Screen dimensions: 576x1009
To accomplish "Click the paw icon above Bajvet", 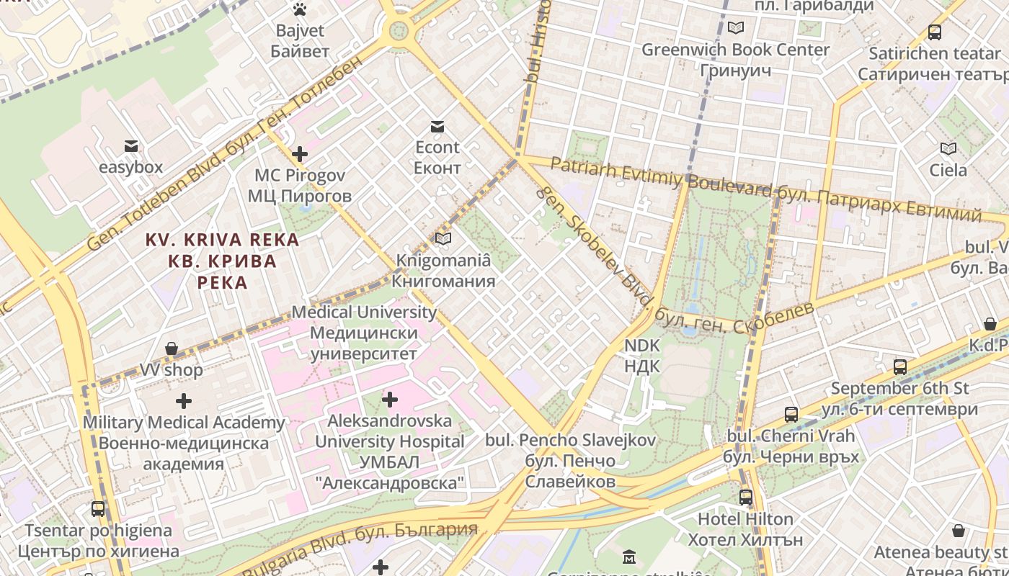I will coord(300,9).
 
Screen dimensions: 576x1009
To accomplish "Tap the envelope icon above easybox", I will coord(131,146).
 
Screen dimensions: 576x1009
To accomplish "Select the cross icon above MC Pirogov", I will coord(300,154).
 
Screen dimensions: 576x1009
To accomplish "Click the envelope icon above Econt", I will coord(437,127).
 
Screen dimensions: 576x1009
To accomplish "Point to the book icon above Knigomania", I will coord(443,238).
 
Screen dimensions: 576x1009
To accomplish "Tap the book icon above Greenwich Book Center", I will coord(735,28).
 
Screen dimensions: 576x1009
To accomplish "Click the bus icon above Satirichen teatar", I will coord(935,32).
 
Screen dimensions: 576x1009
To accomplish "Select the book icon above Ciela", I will coord(948,149).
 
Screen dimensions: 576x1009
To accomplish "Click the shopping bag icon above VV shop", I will coord(172,349).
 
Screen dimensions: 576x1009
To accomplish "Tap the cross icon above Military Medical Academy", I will coord(184,400).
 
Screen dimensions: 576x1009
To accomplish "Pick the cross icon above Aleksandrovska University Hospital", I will coord(390,399).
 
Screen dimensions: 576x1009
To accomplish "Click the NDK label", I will coord(641,356).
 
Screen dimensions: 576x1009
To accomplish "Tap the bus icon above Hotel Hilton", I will coord(746,497).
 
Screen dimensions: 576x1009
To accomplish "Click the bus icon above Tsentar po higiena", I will coord(98,509).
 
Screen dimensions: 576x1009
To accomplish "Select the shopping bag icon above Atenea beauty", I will coord(959,531).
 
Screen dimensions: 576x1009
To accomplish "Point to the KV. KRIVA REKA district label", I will coord(223,260).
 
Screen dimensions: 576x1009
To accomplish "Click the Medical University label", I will coord(364,333).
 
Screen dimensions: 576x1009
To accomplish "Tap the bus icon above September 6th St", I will coord(900,366).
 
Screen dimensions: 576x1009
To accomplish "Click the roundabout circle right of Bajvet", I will coord(398,30).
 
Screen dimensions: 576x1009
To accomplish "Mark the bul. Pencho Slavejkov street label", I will coord(570,460).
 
